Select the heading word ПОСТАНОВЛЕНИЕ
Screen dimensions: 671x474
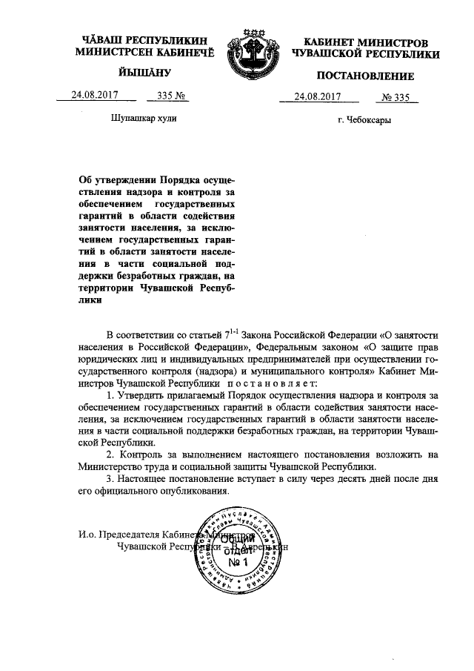coord(365,76)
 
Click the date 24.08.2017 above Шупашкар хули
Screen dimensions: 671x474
coord(94,95)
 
